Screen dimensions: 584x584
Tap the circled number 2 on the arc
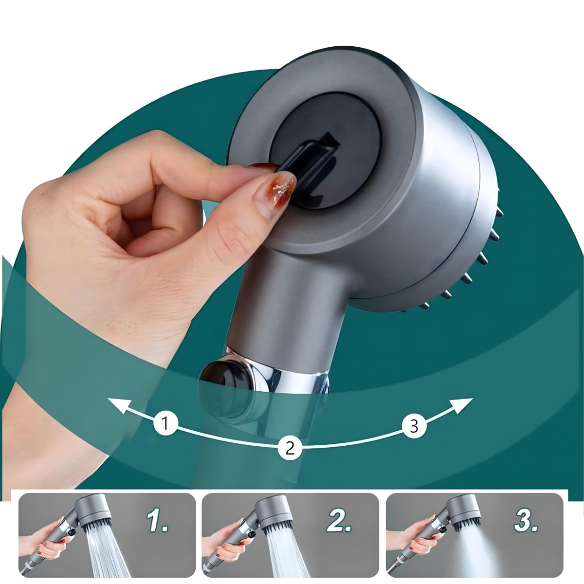290,448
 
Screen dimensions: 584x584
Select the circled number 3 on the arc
414,426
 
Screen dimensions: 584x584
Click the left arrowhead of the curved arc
120,405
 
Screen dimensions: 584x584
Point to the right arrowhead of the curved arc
461,407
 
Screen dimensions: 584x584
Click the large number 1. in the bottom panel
157,522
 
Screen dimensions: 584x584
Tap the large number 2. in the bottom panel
339,522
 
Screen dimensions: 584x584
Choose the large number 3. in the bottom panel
526,522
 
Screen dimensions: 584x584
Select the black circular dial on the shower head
324,155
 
